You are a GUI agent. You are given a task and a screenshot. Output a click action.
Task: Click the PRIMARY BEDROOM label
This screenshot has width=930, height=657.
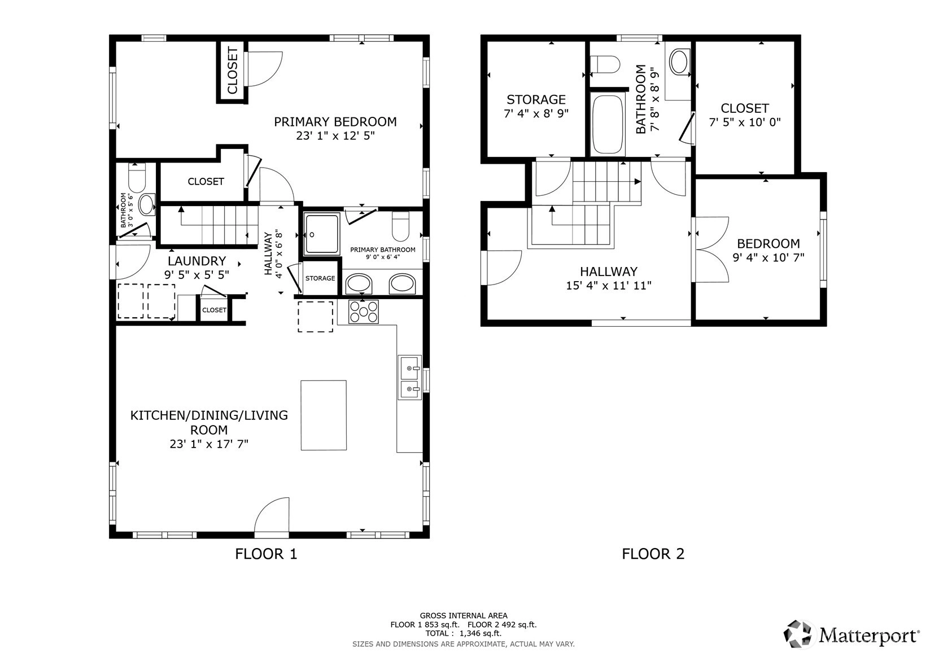(x=335, y=122)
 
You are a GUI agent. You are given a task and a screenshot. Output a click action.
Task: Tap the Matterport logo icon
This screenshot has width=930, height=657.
(x=797, y=634)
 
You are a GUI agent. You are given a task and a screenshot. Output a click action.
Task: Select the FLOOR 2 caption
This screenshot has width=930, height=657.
(x=653, y=554)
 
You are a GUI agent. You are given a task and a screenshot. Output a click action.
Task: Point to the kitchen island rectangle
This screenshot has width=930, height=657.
(x=324, y=415)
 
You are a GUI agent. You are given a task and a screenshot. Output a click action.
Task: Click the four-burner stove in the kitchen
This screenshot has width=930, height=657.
(x=364, y=311)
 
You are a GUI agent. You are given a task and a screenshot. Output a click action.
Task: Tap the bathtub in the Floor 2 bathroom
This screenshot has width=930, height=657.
(x=608, y=124)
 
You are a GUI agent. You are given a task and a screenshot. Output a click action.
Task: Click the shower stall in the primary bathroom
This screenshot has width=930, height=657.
(x=322, y=234)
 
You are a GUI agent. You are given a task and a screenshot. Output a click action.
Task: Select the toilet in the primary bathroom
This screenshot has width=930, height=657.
(x=400, y=226)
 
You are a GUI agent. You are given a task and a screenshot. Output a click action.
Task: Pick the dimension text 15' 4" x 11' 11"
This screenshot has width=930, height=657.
(x=609, y=286)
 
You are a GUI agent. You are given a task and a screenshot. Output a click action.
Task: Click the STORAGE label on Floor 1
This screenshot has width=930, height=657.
(x=320, y=278)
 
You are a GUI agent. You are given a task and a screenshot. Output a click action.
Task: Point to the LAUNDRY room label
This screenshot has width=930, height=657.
(x=197, y=261)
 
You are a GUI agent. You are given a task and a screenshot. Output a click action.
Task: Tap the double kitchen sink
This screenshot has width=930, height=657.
(x=410, y=378)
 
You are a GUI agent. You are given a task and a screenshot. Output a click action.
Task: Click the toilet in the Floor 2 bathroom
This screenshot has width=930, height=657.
(x=605, y=65)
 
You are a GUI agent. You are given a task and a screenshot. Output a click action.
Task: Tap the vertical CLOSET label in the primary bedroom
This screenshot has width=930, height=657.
(x=233, y=71)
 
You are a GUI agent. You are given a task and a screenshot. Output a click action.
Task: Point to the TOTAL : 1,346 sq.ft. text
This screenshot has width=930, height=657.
(x=464, y=633)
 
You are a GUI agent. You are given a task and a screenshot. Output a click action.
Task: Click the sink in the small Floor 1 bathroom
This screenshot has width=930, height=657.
(x=147, y=204)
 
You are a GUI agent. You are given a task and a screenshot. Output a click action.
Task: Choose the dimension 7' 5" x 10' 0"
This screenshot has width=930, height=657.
(x=745, y=122)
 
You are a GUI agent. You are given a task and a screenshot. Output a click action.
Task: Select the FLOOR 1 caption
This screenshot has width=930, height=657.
(x=266, y=554)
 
